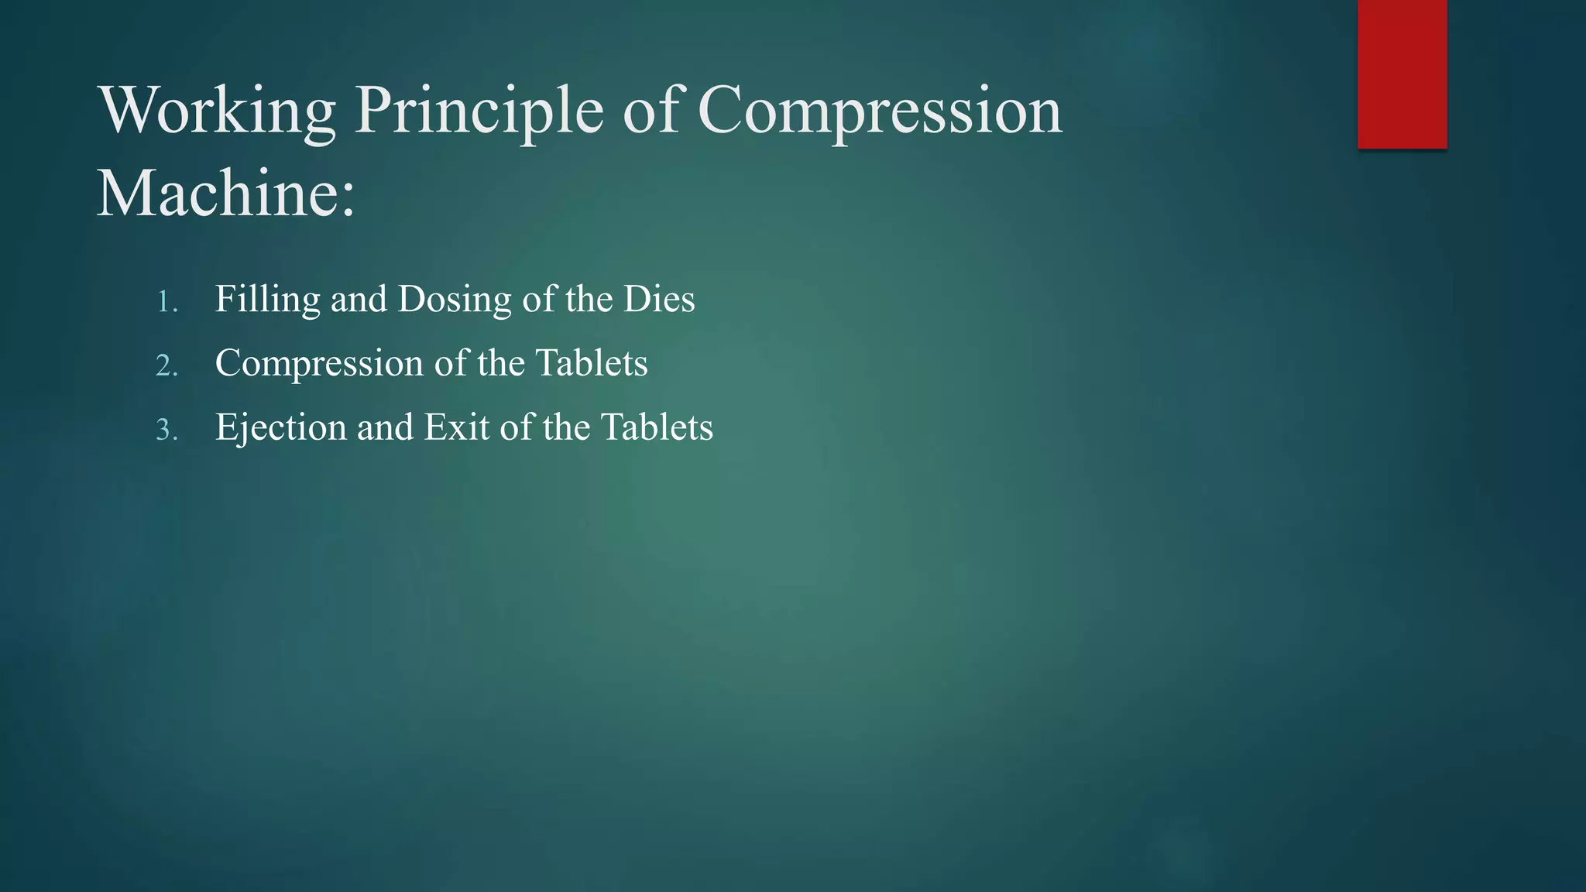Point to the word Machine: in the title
[x=225, y=193]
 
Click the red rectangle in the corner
[x=1402, y=74]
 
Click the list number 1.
[x=166, y=301]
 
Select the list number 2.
[x=166, y=365]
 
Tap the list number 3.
[x=166, y=430]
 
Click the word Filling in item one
[x=267, y=299]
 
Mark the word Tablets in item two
[x=592, y=363]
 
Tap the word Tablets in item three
[x=657, y=427]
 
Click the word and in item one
[x=359, y=299]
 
